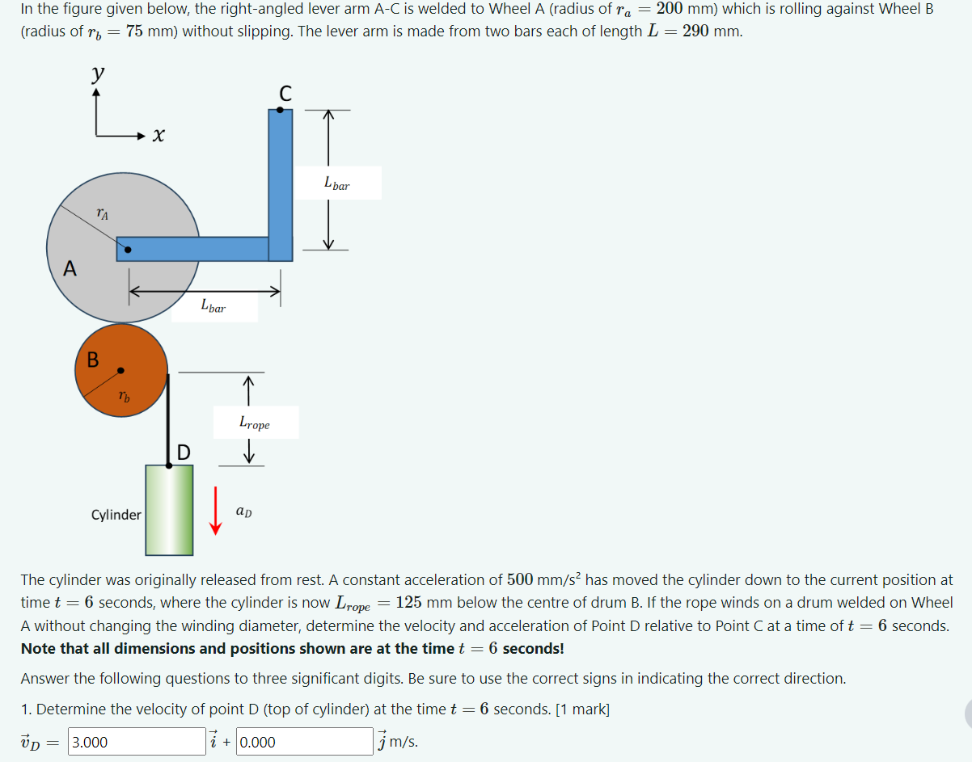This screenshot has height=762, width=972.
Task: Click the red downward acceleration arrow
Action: click(215, 511)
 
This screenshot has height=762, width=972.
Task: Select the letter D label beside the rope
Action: click(184, 453)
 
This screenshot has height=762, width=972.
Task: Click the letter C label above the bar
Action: click(285, 93)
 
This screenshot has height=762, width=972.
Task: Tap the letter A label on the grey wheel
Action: click(70, 269)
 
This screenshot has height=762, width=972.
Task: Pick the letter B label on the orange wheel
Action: click(93, 360)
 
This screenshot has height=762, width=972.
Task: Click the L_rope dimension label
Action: click(255, 423)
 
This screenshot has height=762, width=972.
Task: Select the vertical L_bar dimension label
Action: click(337, 183)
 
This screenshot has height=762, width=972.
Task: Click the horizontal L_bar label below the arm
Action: click(213, 306)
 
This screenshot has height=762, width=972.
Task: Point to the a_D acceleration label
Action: click(243, 512)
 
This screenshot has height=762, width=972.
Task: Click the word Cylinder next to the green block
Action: click(116, 515)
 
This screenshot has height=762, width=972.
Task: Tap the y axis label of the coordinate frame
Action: click(97, 74)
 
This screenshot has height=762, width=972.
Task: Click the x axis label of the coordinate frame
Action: click(158, 135)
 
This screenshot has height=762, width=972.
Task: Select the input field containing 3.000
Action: click(137, 742)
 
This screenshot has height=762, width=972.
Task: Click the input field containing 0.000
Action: click(304, 742)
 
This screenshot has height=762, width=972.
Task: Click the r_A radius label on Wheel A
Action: click(102, 213)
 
